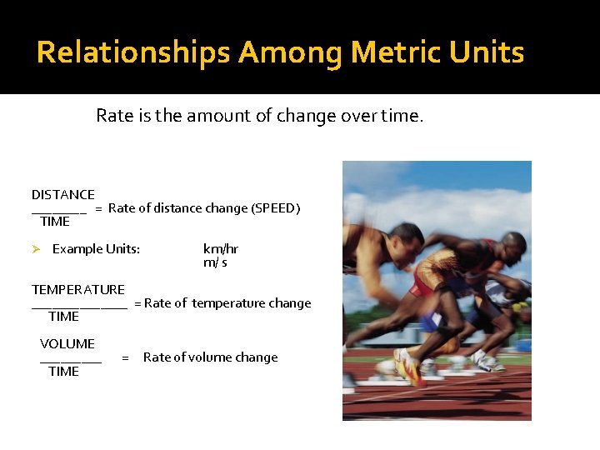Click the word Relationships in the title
[x=132, y=53]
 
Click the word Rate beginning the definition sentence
[x=113, y=116]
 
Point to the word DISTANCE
[x=63, y=195]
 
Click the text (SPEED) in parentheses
[x=276, y=208]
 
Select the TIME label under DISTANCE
[x=55, y=222]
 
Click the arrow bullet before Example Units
[x=37, y=249]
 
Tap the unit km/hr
[x=221, y=249]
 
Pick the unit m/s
[x=215, y=262]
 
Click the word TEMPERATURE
[x=78, y=290]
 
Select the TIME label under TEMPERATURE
[x=63, y=317]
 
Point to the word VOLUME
[x=67, y=344]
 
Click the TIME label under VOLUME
[x=63, y=372]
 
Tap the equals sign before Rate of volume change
[x=125, y=357]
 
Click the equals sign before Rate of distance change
[x=98, y=208]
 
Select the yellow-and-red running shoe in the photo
[x=407, y=367]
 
